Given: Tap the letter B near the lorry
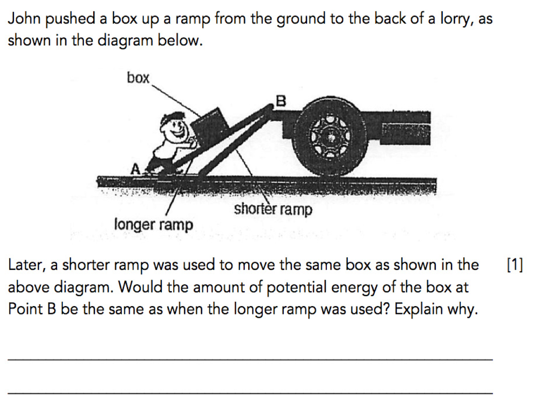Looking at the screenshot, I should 280,100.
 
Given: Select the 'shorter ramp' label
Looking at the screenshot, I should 272,209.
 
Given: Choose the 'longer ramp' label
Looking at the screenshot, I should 154,225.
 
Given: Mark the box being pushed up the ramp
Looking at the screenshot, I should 209,125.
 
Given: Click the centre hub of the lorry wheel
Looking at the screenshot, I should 331,137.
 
